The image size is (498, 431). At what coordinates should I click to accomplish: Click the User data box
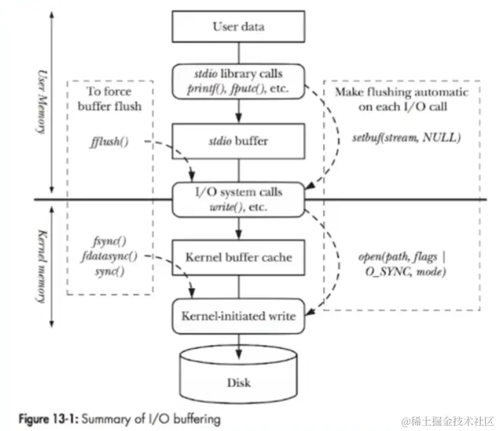(x=238, y=27)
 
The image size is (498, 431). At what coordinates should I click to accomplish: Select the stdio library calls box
(x=238, y=82)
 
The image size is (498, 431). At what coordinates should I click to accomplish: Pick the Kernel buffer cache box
(x=238, y=257)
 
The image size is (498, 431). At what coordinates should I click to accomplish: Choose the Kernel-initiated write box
(x=238, y=315)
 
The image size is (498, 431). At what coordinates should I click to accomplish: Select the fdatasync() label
(x=109, y=256)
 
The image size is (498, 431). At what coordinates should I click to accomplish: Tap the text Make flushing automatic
(x=401, y=92)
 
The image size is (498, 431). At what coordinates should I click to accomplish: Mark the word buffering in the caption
(x=195, y=419)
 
